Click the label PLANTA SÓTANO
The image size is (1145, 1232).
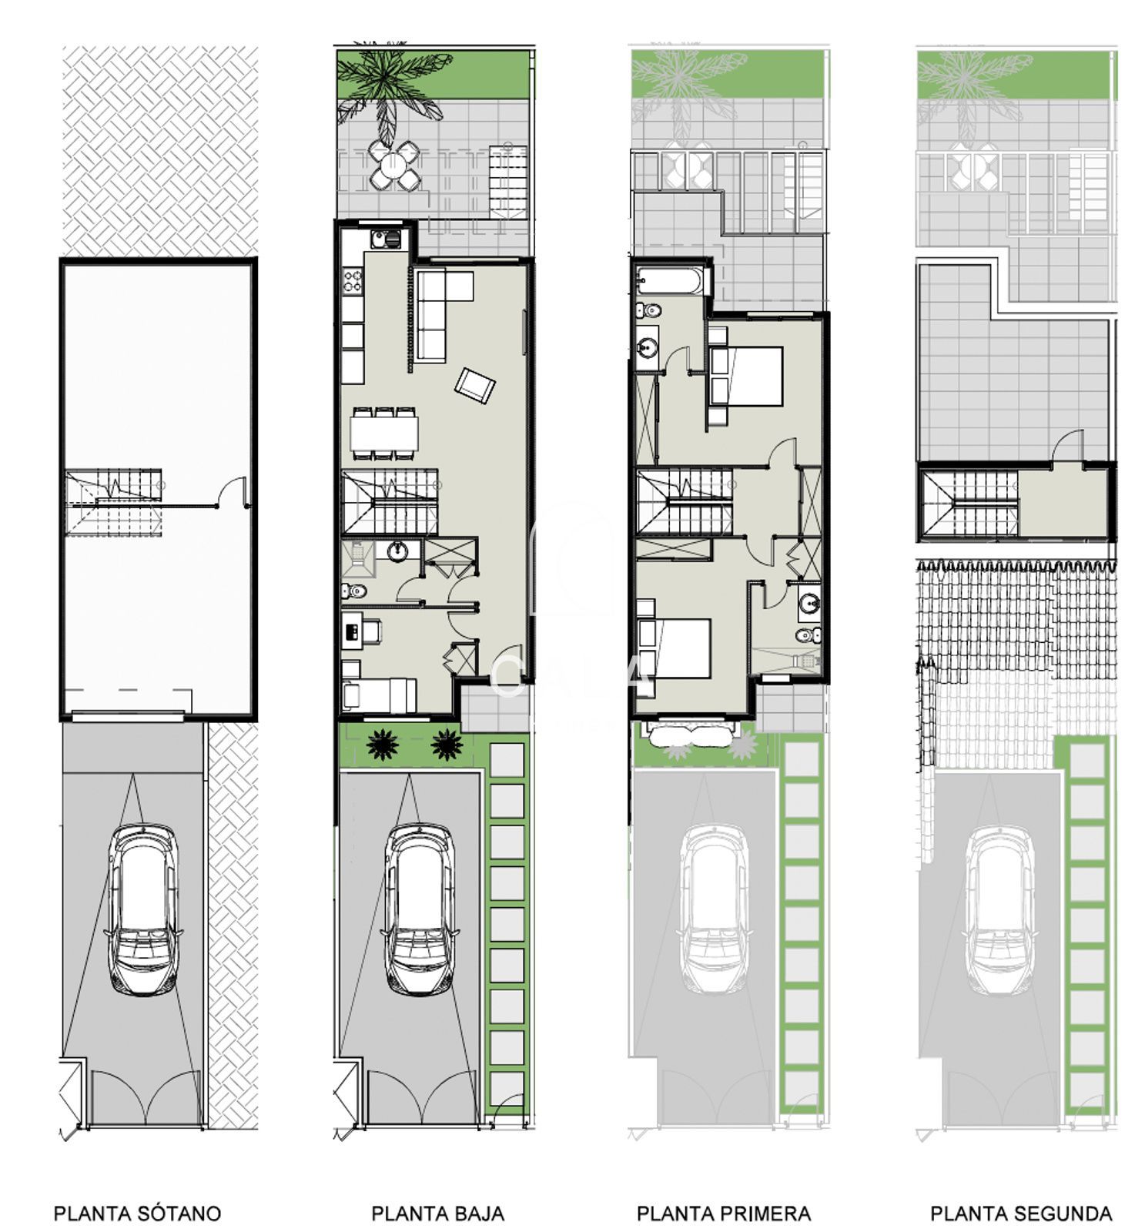(137, 1214)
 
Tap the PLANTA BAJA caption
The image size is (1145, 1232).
(437, 1214)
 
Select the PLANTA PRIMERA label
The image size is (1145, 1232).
(723, 1214)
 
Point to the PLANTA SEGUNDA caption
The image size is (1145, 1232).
(1021, 1214)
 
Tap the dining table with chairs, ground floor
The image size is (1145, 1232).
(385, 433)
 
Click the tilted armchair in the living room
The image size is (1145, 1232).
(475, 384)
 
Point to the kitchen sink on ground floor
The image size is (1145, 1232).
(385, 239)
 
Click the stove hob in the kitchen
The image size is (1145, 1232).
(353, 280)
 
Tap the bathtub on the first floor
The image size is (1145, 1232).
(669, 280)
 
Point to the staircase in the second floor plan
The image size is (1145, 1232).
(970, 502)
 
